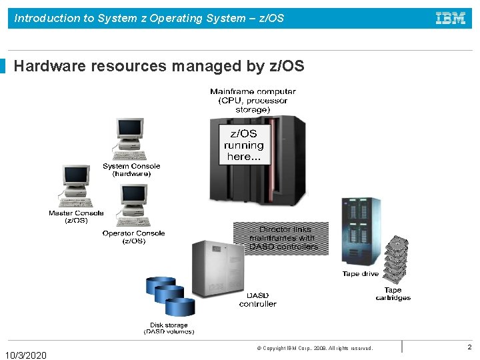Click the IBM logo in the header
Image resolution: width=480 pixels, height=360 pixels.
451,18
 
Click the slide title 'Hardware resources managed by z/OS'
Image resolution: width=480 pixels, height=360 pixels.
159,66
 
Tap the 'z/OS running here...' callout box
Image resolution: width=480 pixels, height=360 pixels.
243,145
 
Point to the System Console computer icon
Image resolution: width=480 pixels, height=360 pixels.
129,139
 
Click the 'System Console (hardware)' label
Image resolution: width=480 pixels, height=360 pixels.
131,170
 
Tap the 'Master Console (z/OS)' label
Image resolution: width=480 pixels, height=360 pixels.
76,217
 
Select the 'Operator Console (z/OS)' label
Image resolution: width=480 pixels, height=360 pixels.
133,237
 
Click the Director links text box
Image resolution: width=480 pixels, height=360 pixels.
283,238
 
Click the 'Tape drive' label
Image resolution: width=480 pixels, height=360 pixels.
360,274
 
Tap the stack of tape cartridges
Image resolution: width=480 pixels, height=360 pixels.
397,260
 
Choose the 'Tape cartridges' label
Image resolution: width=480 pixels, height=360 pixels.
393,294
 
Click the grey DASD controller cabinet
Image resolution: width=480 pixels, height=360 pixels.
218,265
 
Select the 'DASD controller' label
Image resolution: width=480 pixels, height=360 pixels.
258,300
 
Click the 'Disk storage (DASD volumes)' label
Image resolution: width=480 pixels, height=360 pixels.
169,329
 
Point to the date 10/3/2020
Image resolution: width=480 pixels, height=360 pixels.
26,355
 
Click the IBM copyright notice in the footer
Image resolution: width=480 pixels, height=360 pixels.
315,348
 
